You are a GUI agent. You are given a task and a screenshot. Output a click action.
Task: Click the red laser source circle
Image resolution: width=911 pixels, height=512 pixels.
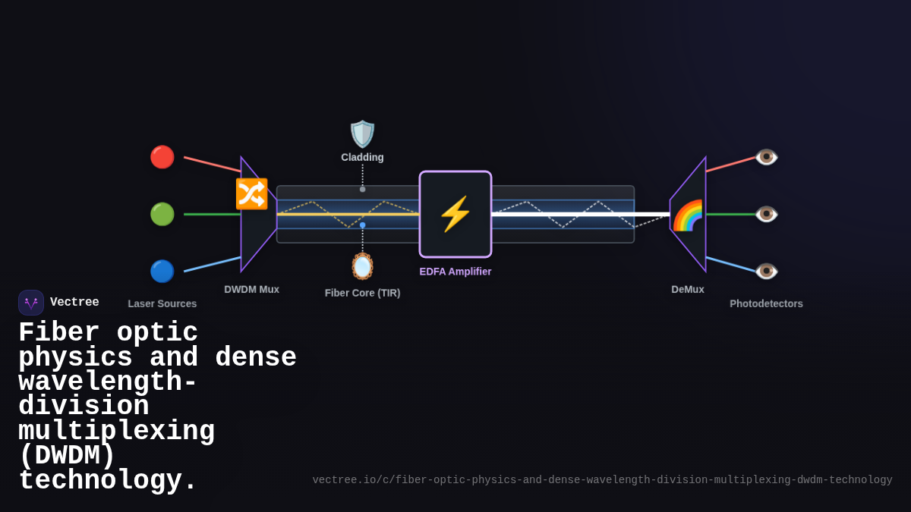(162, 157)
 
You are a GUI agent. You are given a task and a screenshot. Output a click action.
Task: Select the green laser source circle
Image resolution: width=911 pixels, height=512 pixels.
(162, 214)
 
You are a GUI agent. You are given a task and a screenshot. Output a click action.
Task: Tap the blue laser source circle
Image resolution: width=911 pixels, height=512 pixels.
(162, 271)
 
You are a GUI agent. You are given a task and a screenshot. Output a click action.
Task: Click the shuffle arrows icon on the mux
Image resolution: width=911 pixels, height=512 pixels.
(251, 193)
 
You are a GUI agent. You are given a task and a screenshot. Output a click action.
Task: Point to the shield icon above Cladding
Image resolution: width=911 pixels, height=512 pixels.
(362, 134)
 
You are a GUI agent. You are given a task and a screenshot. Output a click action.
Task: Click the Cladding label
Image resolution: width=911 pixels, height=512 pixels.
(362, 157)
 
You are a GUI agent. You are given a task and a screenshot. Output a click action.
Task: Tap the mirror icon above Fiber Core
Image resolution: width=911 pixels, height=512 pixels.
(362, 266)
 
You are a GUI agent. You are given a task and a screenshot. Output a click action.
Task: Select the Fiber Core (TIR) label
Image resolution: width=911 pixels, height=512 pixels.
(362, 293)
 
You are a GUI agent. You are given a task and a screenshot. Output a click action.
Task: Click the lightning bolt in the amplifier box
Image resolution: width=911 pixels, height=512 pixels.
(455, 214)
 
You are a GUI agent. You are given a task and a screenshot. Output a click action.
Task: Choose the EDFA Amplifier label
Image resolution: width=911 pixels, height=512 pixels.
(455, 272)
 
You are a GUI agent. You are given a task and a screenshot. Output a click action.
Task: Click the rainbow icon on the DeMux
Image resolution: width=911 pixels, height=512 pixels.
(688, 215)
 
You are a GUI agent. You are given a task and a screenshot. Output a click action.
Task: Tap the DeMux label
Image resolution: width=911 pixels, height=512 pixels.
(688, 289)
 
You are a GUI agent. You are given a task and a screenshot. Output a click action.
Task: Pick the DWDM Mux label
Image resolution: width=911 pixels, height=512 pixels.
(251, 289)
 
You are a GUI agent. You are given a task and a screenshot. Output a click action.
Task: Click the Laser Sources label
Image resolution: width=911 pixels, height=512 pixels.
(162, 303)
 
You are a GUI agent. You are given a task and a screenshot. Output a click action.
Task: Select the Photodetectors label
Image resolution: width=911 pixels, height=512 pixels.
(766, 303)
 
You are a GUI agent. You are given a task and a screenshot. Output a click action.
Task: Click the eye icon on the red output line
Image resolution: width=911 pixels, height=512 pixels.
(766, 157)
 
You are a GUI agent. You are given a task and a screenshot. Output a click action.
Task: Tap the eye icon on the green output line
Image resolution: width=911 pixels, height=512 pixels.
(766, 214)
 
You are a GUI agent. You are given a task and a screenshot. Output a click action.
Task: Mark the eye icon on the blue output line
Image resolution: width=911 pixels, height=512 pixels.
(766, 271)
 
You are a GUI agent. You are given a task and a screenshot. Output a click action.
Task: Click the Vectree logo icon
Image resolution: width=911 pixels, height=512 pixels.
(31, 303)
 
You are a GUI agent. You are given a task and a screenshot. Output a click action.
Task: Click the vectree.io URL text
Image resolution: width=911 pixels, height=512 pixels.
(602, 480)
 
